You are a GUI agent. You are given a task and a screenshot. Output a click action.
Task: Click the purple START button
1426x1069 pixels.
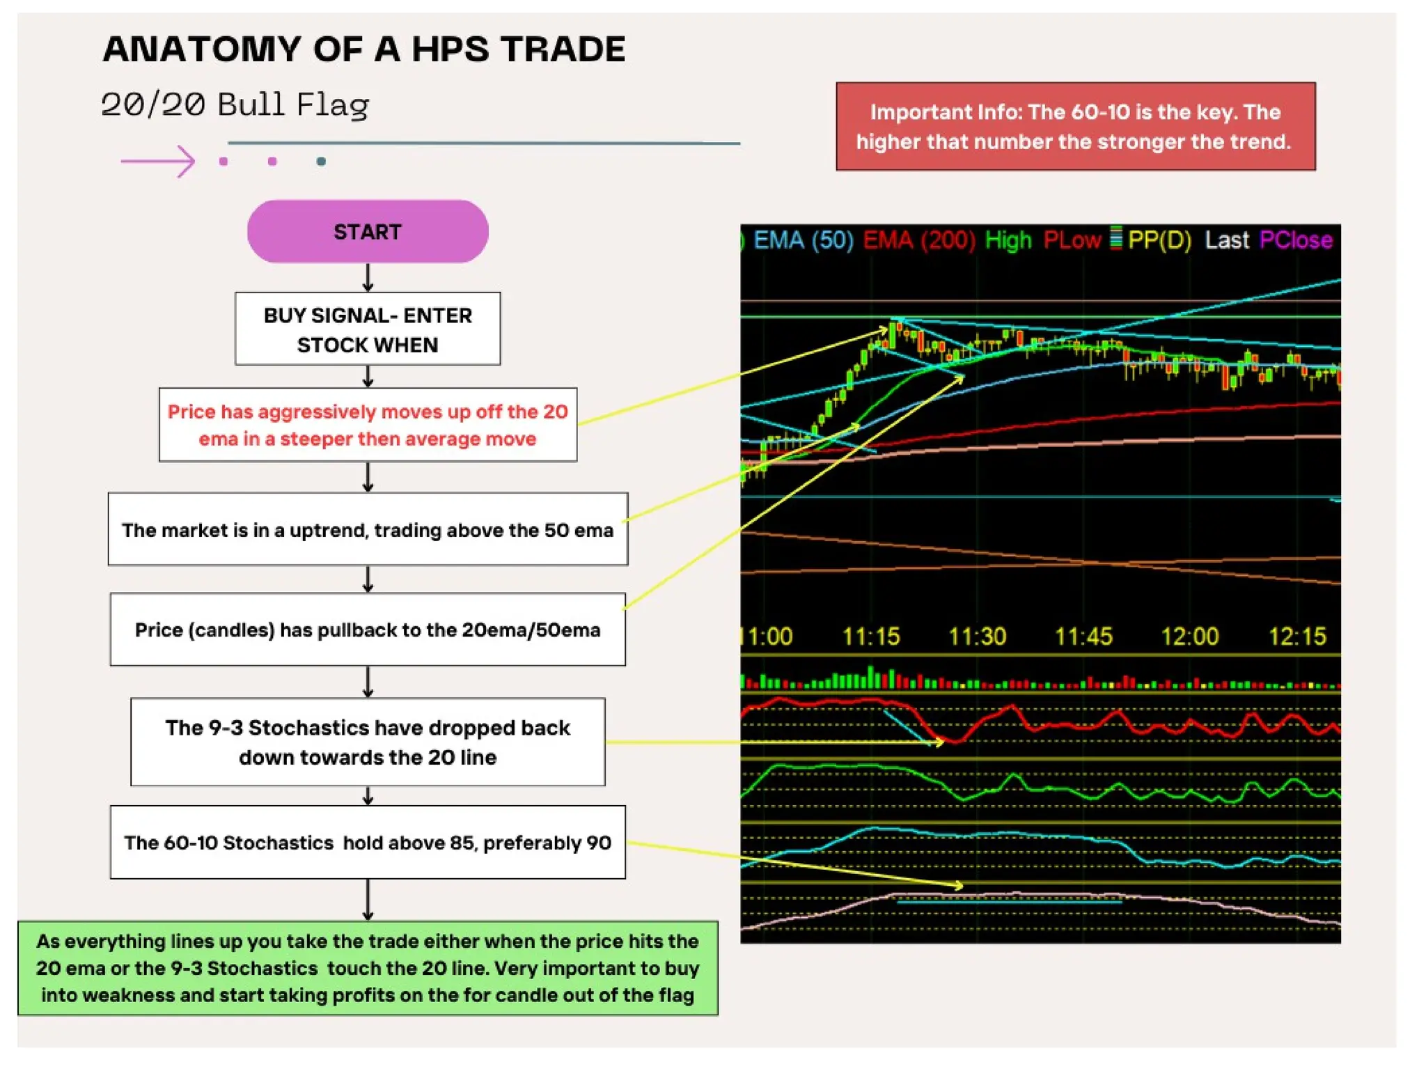[x=368, y=231]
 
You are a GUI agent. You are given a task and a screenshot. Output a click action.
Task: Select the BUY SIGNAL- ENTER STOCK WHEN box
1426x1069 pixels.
[x=368, y=329]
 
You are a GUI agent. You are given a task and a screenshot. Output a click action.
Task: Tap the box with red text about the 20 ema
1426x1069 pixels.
[x=368, y=425]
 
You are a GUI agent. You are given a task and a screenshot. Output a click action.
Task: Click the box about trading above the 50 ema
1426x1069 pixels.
[x=368, y=529]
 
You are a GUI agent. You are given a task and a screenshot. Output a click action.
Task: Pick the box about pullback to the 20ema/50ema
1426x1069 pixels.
[x=368, y=630]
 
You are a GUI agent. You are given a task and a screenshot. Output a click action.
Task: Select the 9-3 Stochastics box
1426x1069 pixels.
[x=368, y=742]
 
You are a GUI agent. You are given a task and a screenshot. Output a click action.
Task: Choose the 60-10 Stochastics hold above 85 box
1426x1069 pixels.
[x=368, y=843]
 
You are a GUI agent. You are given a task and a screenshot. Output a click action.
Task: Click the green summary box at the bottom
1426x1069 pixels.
[x=368, y=968]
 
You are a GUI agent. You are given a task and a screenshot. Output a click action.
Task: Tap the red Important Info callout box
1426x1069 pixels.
[x=1075, y=127]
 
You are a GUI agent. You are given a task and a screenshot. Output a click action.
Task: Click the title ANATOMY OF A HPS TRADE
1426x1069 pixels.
[x=364, y=49]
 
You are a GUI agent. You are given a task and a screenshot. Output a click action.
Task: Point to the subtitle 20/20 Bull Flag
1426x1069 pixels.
[x=235, y=104]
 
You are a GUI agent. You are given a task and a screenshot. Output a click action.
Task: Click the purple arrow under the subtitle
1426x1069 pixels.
[x=158, y=162]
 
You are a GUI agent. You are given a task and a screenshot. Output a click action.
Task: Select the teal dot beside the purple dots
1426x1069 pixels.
[x=321, y=162]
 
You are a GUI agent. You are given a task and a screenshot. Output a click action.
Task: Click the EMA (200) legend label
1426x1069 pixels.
[x=919, y=240]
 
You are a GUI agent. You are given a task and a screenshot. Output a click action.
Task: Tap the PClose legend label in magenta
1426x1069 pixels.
[x=1296, y=240]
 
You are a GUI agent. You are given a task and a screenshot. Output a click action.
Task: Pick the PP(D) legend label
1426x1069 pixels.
[x=1159, y=240]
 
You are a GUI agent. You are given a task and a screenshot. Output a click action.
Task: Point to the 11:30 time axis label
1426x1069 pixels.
[x=978, y=636]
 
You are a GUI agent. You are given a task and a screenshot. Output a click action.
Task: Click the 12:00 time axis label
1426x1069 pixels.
[x=1190, y=636]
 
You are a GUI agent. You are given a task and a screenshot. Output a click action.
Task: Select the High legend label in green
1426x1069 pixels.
[x=1008, y=240]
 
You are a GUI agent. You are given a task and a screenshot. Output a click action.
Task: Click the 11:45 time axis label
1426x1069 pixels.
[x=1083, y=636]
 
